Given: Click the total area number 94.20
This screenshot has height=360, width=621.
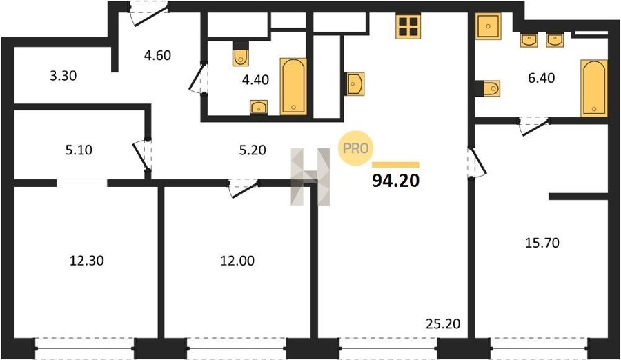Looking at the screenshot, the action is point(395,181).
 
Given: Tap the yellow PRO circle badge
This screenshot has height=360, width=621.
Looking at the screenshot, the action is point(355,148).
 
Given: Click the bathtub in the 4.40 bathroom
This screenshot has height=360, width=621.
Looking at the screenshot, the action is point(293,86).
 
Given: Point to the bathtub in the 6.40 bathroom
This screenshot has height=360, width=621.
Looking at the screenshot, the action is point(594,88).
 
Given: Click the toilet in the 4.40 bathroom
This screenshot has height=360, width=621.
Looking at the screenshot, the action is point(240,54).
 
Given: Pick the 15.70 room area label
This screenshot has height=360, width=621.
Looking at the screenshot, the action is point(542,242).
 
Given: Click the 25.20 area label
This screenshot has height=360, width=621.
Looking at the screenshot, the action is point(443,323).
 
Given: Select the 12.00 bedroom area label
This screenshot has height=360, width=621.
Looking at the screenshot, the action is point(237,261).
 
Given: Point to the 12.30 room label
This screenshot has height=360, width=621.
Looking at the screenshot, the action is point(87,261).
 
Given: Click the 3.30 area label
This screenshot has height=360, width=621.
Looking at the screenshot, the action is point(63,76).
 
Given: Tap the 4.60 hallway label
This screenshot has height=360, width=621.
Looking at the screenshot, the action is point(157,55).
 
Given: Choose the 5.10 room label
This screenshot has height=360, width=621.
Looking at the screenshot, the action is point(79,150).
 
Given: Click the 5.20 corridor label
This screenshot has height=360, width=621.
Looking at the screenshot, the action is point(253,150).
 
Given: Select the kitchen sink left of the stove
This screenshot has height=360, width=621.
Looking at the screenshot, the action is point(355,83).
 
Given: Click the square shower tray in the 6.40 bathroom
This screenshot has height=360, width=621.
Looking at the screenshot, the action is point(489,26).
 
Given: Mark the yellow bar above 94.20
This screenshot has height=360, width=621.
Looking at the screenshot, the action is point(395,165).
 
